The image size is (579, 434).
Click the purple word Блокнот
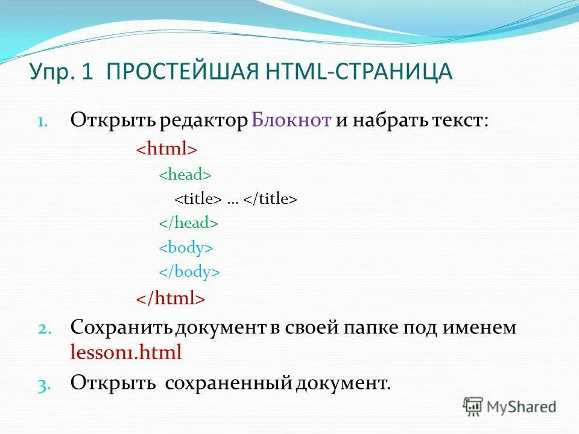click(x=291, y=120)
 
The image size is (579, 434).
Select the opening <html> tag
click(x=166, y=149)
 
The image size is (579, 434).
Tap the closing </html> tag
click(x=170, y=297)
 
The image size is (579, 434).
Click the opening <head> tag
click(x=185, y=174)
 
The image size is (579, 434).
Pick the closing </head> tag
click(x=188, y=223)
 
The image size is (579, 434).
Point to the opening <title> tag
click(x=198, y=199)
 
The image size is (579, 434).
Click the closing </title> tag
click(x=270, y=199)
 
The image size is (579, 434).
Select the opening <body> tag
click(x=186, y=248)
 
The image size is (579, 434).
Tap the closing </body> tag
click(x=189, y=272)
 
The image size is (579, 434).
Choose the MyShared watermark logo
click(x=510, y=406)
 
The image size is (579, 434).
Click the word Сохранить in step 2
click(x=122, y=328)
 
